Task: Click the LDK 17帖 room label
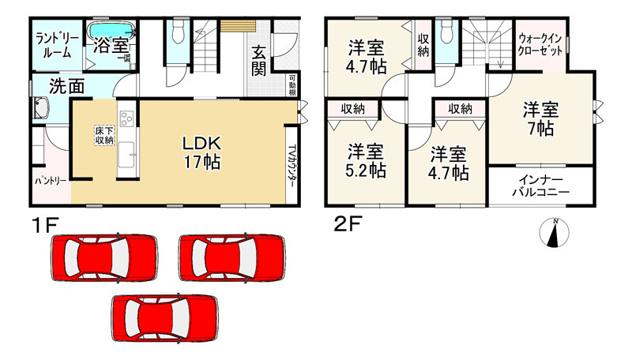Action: click(x=202, y=152)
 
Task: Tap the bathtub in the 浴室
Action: click(x=111, y=30)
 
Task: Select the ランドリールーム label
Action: click(x=57, y=46)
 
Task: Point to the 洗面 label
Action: click(x=66, y=87)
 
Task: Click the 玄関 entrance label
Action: click(x=259, y=62)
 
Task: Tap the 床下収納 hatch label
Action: click(x=104, y=136)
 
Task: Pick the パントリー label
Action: click(x=50, y=181)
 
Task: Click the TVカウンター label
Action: click(x=292, y=166)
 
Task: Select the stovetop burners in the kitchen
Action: click(x=126, y=118)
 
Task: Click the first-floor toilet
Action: click(x=178, y=32)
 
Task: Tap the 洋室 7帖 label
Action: click(x=541, y=119)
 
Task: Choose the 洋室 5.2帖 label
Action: click(x=366, y=161)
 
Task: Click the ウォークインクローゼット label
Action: click(x=540, y=45)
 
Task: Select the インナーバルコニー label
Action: click(x=540, y=186)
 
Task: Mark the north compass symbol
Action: click(x=555, y=232)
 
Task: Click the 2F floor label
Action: click(x=348, y=225)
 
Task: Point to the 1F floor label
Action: click(x=46, y=225)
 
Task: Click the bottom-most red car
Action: click(x=164, y=318)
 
